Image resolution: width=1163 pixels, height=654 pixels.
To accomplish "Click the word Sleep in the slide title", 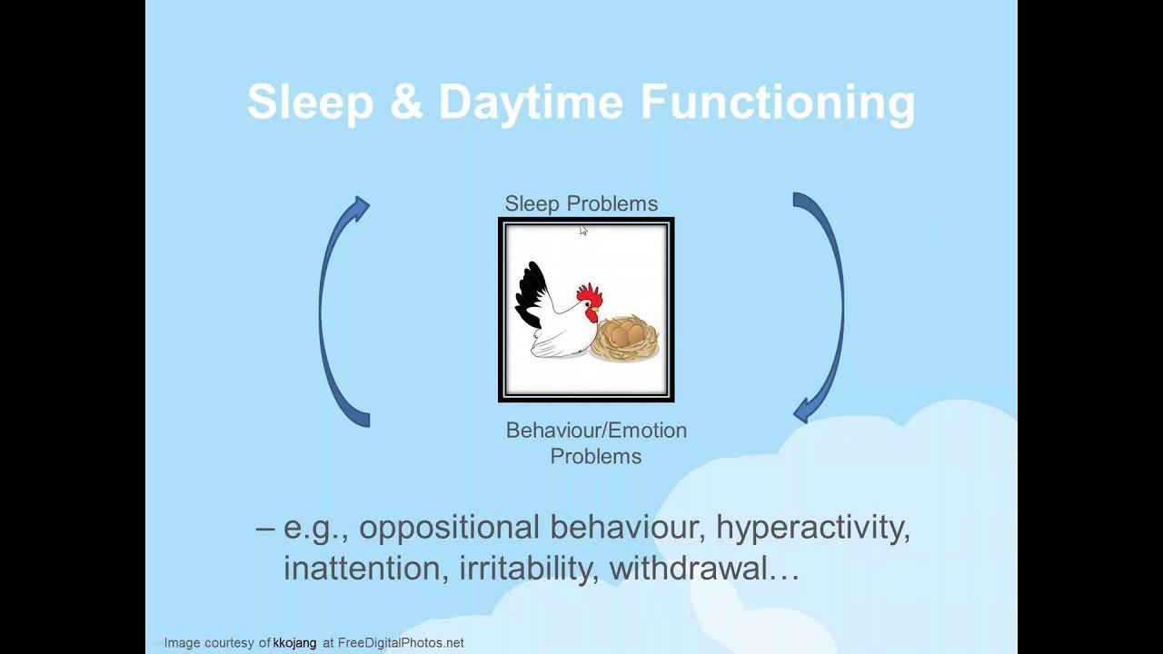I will (x=310, y=102).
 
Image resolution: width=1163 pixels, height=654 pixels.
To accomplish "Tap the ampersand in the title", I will (x=405, y=102).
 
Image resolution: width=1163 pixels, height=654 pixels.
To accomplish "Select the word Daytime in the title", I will (x=532, y=102).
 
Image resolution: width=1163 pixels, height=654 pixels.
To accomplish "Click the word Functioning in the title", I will (x=778, y=102).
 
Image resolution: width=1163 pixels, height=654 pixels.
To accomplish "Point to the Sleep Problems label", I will (x=581, y=203).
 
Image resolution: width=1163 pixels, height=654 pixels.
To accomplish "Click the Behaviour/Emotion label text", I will (x=596, y=431).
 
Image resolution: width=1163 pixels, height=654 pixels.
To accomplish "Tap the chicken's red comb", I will (x=589, y=294).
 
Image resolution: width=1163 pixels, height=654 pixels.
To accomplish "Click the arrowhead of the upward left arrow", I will (x=361, y=208).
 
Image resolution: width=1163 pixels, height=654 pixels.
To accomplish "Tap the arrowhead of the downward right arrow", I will (x=803, y=411).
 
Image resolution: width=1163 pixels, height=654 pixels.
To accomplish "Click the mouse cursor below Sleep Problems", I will (x=582, y=230).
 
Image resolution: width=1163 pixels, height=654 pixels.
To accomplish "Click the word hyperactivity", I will (x=812, y=528).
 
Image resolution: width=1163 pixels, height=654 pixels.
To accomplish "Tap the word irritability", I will (x=529, y=569).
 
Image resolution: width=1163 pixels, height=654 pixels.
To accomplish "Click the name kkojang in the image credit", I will (x=294, y=643).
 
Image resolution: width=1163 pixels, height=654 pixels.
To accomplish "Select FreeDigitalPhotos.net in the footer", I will (x=401, y=643).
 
